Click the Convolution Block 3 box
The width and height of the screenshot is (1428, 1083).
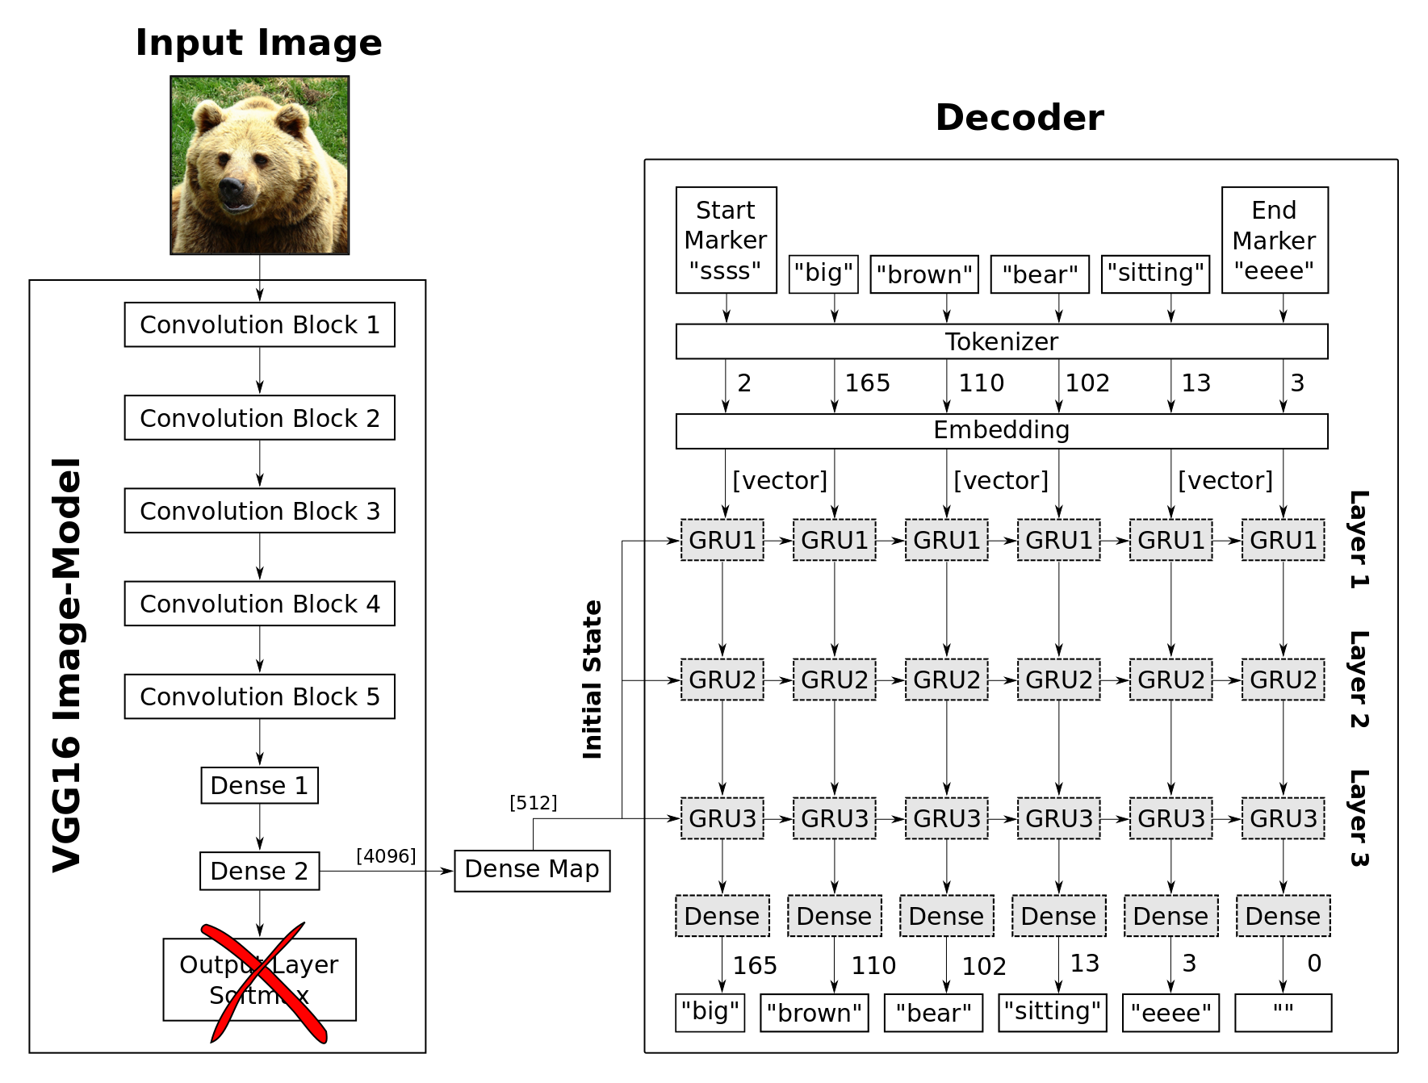tap(259, 511)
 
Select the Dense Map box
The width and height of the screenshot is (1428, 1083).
tap(532, 870)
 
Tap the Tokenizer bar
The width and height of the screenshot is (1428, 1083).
tap(1001, 341)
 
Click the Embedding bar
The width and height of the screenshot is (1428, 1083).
tap(1001, 430)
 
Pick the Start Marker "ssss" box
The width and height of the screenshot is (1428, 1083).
tap(726, 240)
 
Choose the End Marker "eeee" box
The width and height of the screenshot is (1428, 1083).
tap(1274, 240)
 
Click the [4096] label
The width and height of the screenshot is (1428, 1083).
tap(386, 855)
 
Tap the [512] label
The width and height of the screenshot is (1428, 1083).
tap(533, 803)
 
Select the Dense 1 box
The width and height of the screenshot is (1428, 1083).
tap(259, 785)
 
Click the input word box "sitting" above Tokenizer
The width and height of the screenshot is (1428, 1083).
tap(1155, 274)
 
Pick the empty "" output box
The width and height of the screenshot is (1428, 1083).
tap(1283, 1012)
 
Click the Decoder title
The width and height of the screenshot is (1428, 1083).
tap(1020, 118)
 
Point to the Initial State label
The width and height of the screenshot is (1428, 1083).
tap(593, 679)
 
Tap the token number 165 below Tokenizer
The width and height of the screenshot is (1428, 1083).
tap(867, 383)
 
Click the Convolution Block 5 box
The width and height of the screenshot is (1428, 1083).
tap(259, 696)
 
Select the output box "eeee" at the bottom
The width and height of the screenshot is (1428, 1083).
tap(1170, 1013)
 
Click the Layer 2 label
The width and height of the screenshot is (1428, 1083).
tap(1359, 679)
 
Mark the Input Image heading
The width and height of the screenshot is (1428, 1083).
tap(258, 43)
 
